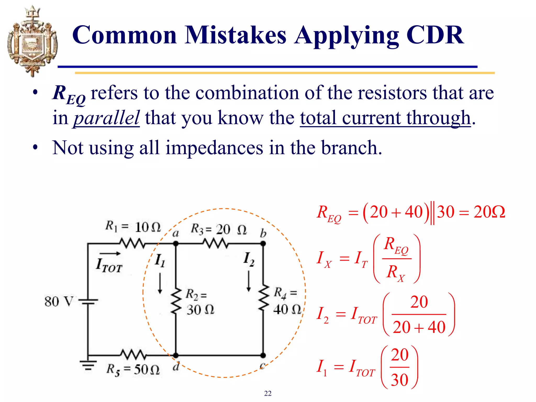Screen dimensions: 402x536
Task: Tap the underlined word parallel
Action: pos(106,118)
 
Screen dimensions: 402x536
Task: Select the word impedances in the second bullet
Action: pos(214,148)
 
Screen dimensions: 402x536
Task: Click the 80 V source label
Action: pos(58,301)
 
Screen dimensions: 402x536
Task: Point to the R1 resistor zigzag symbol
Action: pos(132,244)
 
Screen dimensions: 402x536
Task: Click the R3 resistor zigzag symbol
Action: pos(216,244)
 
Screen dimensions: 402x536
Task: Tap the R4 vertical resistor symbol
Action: pos(263,298)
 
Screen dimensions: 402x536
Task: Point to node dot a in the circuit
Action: pos(176,244)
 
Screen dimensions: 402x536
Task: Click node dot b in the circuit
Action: pos(263,244)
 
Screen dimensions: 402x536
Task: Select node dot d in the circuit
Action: pos(176,355)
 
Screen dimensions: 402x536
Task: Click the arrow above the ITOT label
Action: pos(110,253)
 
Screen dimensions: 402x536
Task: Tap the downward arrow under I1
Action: pos(160,283)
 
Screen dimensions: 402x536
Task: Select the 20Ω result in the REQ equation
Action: pos(489,212)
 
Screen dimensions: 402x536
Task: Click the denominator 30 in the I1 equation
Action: pos(399,380)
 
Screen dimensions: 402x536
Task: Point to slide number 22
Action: pos(268,393)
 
